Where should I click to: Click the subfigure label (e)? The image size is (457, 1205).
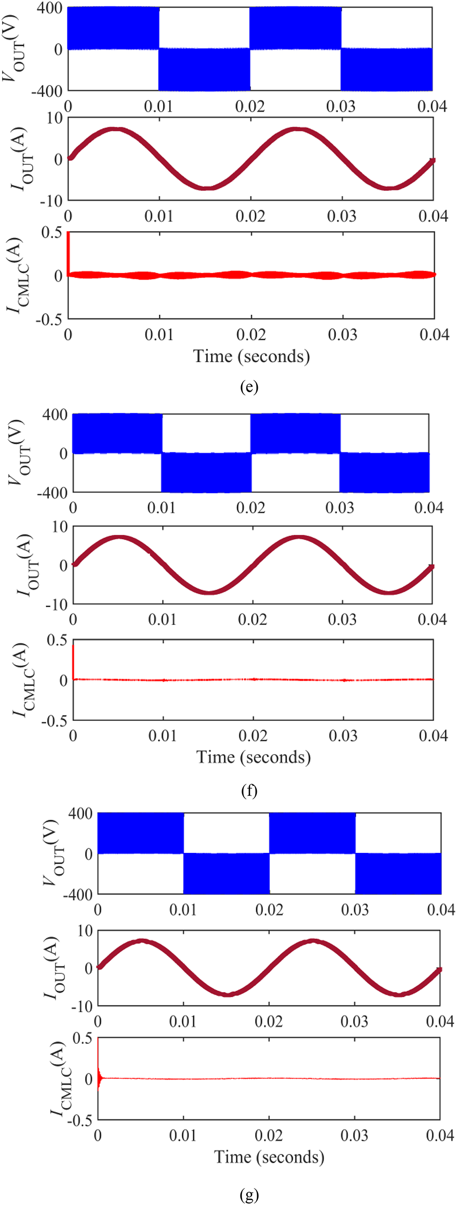pos(249,387)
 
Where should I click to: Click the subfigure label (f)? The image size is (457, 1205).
pos(249,791)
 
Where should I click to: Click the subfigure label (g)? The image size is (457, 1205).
pos(249,1195)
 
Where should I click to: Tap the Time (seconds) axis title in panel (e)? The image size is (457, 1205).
pos(251,356)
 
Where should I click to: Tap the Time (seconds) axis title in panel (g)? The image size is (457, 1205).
pos(269,1157)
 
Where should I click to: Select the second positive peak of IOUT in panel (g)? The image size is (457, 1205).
pos(313,941)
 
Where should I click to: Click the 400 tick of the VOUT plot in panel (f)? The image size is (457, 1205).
pos(55,415)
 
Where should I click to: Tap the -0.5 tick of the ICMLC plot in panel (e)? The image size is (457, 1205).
pos(48,319)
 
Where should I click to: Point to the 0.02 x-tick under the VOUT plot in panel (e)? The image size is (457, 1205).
pos(250,107)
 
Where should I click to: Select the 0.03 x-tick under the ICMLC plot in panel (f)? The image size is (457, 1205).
pos(343,736)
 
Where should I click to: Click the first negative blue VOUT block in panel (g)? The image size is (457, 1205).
pos(226,873)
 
